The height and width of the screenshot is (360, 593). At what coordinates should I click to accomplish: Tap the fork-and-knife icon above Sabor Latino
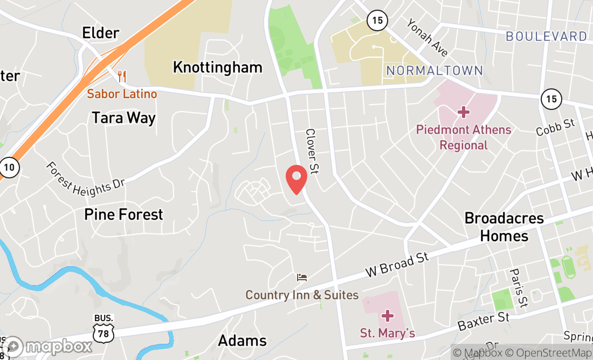coord(122,77)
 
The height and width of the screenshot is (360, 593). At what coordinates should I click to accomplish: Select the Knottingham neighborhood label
coord(217,67)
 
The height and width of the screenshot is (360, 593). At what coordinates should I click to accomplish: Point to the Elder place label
coord(100,33)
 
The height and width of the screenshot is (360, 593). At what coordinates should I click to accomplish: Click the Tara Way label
coord(123,118)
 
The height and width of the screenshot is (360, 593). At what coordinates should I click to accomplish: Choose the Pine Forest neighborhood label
coord(123,214)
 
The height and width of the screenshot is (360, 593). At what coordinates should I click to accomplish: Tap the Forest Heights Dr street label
coord(85,177)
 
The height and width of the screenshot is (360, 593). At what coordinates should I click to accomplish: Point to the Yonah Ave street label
coord(427,38)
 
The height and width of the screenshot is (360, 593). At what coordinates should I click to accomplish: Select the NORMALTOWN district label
coord(435,71)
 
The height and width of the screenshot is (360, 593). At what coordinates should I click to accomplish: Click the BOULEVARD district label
coord(546,37)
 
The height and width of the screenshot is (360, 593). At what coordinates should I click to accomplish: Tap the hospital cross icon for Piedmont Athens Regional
coord(463,112)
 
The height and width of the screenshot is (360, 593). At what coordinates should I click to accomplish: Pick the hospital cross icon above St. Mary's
coord(387,315)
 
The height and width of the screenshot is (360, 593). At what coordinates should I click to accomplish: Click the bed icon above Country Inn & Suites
coord(302,278)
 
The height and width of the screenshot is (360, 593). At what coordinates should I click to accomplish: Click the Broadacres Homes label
coord(504,227)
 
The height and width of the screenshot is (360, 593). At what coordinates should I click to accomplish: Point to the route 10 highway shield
coord(9,167)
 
